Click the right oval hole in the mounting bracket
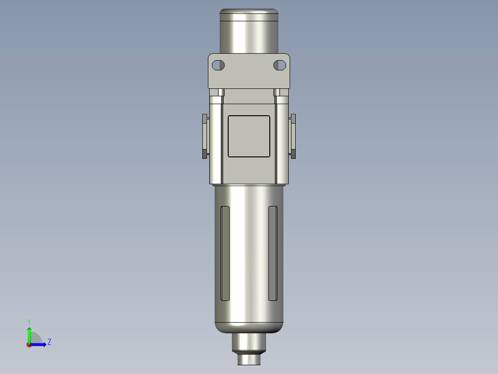pos(279,65)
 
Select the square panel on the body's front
pos(249,136)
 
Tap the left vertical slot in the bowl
pos(225,253)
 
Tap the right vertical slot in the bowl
pos(273,253)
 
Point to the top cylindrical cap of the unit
pos(249,30)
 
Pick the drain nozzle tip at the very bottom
pos(249,359)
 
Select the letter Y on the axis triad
pos(29,321)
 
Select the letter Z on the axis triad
pos(49,342)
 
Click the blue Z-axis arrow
pos(39,344)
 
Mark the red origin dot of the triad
pos(29,345)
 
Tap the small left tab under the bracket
pos(221,93)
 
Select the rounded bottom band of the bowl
pos(249,327)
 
